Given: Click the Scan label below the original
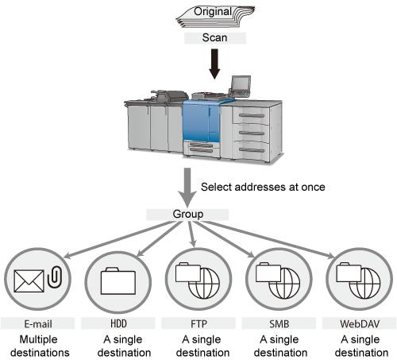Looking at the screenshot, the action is pos(215,38).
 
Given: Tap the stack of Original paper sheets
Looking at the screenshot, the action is pos(215,16).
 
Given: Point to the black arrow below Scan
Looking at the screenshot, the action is pos(214,64).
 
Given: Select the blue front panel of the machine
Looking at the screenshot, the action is pos(201,122).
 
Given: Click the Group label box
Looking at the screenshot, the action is pos(187,215).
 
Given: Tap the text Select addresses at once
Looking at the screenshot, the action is pos(263,187).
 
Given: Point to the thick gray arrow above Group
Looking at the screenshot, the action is pos(187,188).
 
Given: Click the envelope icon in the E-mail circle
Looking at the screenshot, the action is pos(29,281).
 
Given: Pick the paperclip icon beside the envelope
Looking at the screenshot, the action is pos(55,277).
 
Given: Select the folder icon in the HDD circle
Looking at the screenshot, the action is pos(118,281).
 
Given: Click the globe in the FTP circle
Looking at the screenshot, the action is pos(204,283).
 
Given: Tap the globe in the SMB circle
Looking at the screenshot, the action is pos(284,283).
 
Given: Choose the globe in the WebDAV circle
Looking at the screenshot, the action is pos(364,283).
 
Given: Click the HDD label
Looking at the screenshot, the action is pos(118,323).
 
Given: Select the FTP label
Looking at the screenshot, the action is pos(198,323).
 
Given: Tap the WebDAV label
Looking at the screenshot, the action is pos(360,323).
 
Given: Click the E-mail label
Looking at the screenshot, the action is pos(38,323).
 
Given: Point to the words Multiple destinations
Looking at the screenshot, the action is pos(40,346).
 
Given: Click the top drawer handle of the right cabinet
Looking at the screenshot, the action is pos(252,115).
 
